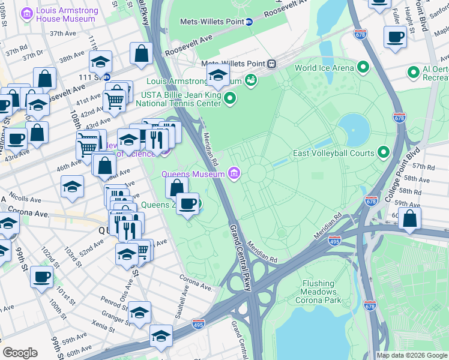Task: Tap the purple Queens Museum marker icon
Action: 234,175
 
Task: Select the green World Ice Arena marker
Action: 363,68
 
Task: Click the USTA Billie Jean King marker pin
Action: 230,99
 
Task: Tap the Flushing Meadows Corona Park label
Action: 318,292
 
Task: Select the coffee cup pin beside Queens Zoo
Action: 188,204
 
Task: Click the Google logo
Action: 20,353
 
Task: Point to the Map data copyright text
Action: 412,355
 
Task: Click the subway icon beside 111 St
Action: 107,77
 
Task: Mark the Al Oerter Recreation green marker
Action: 413,73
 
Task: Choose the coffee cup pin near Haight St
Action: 394,38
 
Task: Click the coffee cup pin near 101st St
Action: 42,277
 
